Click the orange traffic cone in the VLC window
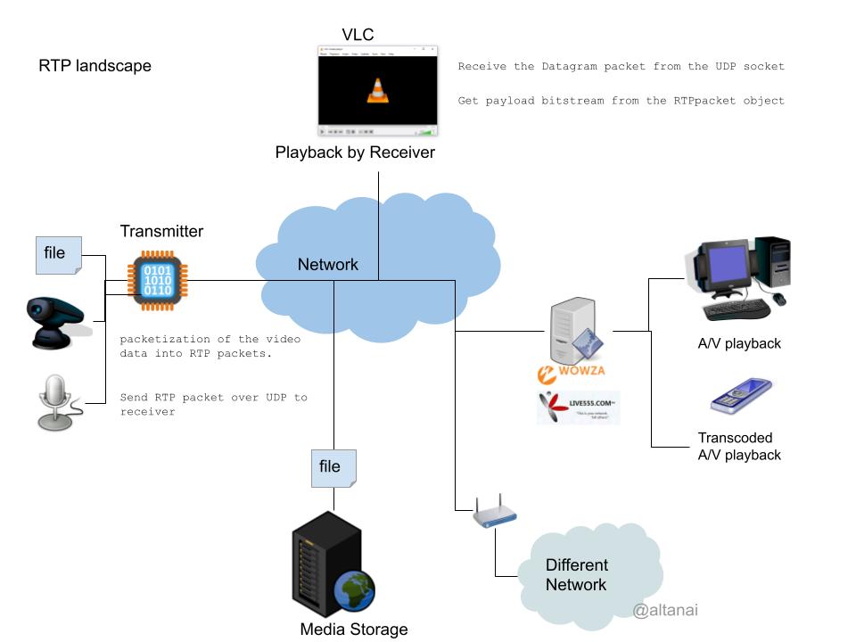coord(378,90)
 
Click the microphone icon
coord(55,400)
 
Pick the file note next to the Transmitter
coord(59,255)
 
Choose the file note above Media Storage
coord(333,468)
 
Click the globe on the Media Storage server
coord(354,589)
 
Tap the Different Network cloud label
coord(577,575)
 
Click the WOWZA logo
coord(572,372)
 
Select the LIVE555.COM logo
coord(578,407)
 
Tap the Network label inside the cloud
coord(327,264)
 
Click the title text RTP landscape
coord(95,66)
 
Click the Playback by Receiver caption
coord(355,152)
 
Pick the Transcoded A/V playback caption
coord(739,446)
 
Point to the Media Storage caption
coord(354,630)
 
